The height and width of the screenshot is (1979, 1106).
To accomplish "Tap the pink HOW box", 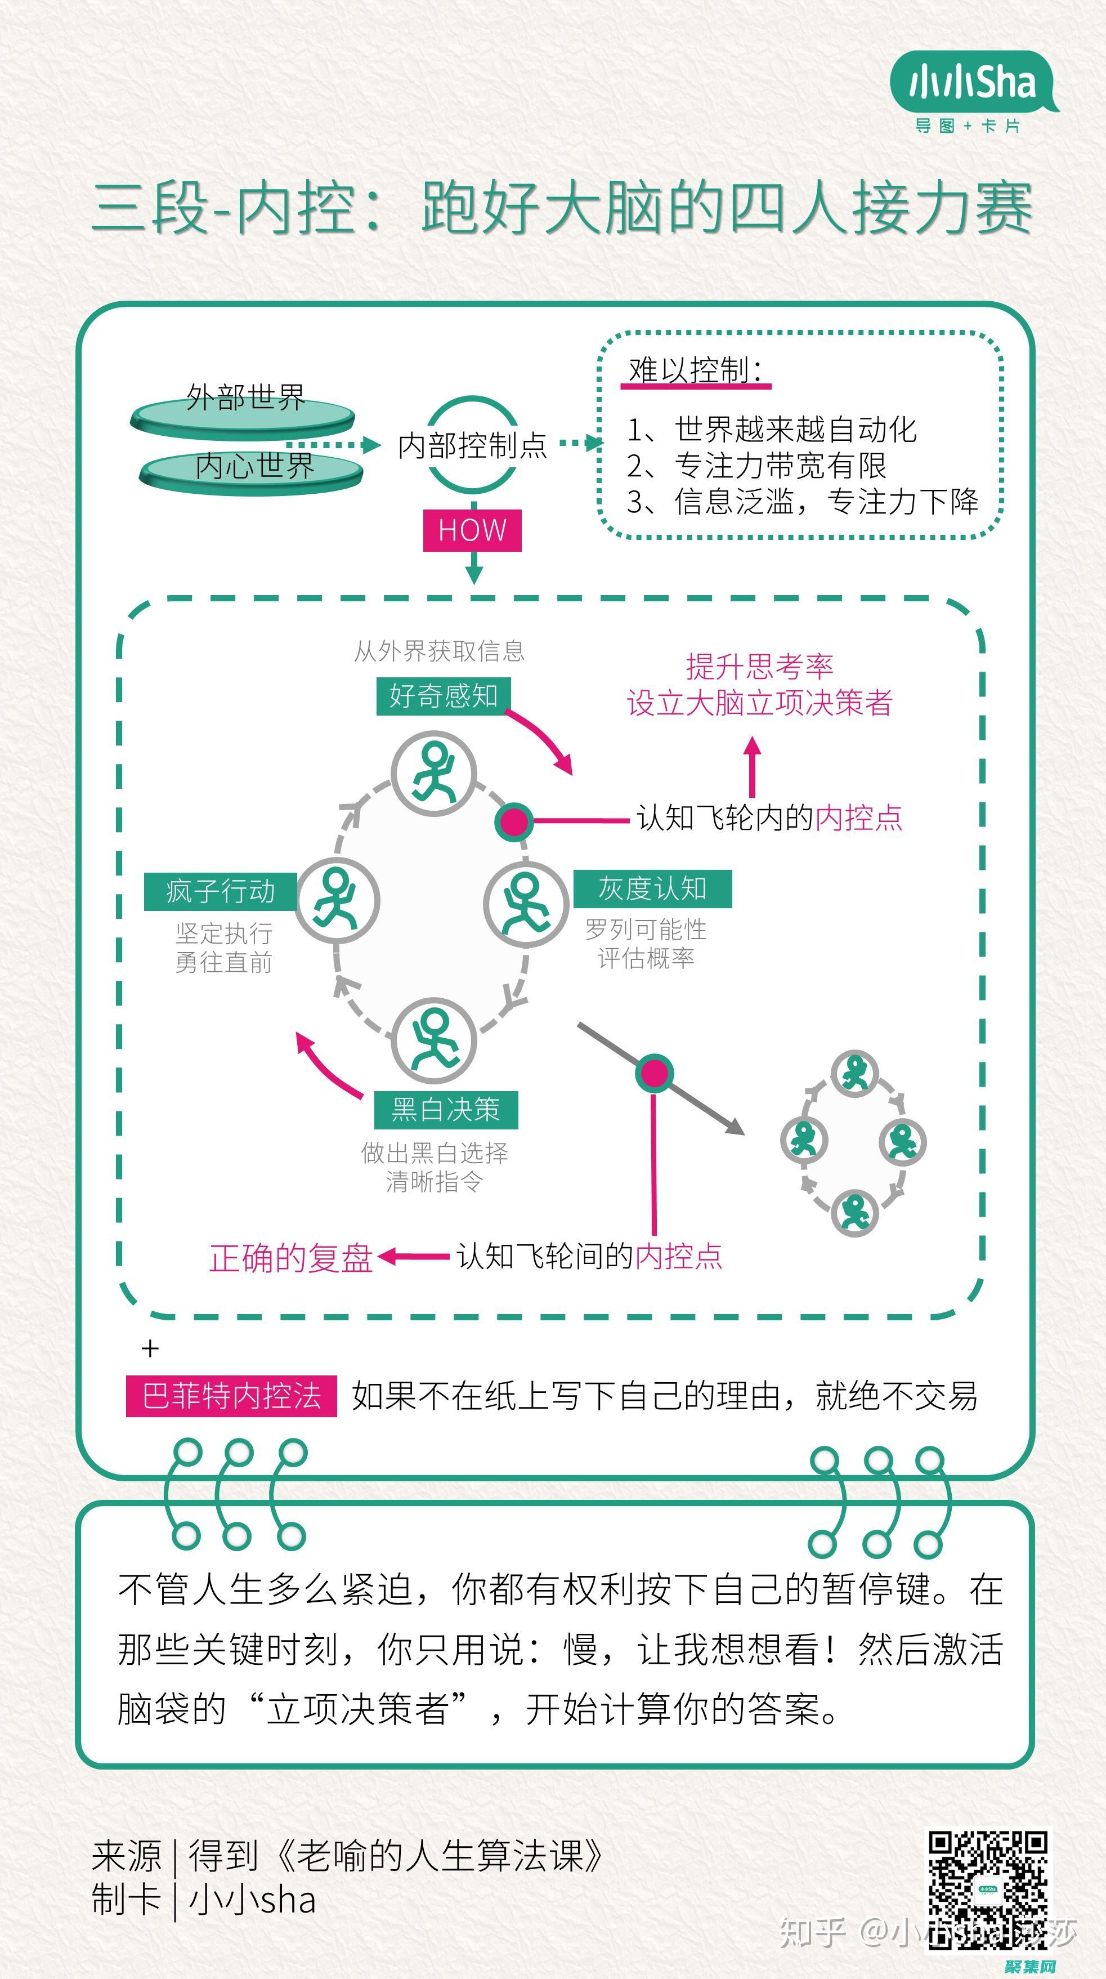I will pos(472,530).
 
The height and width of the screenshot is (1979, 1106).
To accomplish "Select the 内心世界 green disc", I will pos(252,470).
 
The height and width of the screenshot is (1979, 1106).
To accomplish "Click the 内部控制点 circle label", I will pos(472,445).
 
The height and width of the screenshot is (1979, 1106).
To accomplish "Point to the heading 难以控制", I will pos(695,370).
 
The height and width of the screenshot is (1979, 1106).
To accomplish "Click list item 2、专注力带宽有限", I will pos(756,466).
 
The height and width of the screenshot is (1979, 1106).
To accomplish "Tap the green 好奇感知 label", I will pos(443,696).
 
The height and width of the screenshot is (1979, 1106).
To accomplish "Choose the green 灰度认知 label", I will pos(652,889).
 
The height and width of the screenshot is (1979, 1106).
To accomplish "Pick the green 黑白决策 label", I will pos(445,1109).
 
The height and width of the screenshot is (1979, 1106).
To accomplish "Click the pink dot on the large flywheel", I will pos(514,820).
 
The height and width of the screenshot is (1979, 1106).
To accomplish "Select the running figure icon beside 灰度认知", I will pos(526,904).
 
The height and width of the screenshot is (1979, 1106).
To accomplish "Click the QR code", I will pos(988,1890).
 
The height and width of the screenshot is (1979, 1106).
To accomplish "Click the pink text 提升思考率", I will pos(759,666).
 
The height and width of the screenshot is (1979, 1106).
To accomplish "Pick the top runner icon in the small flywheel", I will pos(855,1073).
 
